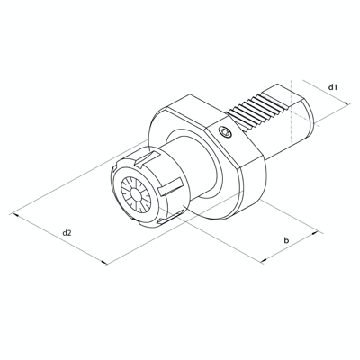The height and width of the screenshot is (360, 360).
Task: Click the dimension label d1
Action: (333, 87)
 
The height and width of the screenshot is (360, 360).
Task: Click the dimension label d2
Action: (67, 233)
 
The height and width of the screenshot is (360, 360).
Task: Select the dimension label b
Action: (285, 240)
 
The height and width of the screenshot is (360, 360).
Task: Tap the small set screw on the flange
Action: (225, 133)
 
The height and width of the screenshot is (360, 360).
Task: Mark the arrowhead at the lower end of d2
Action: (106, 263)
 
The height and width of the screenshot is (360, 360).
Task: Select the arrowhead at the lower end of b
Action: (264, 262)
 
